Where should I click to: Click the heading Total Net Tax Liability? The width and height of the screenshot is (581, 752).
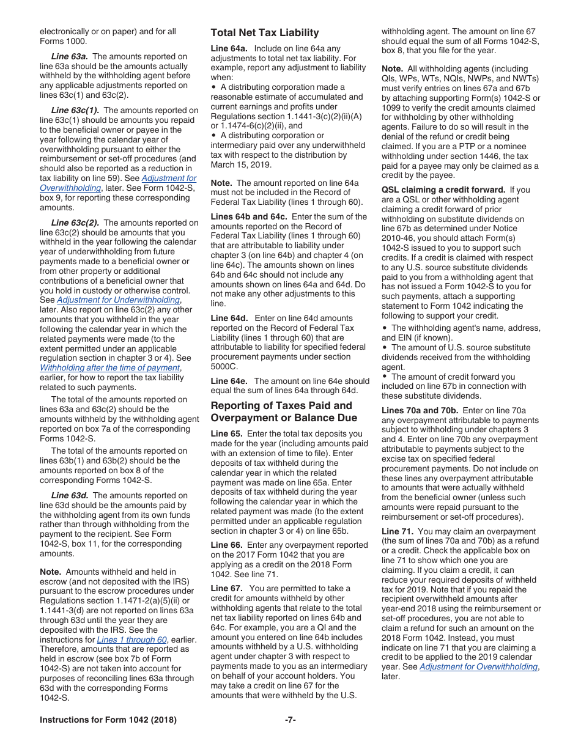264,33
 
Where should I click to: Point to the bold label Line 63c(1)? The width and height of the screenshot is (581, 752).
75,111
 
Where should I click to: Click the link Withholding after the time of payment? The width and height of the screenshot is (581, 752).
109,367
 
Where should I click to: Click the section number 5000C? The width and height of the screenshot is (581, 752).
224,367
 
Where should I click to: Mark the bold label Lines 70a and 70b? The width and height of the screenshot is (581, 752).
420,410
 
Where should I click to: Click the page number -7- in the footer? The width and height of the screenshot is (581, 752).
290,720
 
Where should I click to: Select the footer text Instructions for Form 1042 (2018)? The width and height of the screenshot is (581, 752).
108,720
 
